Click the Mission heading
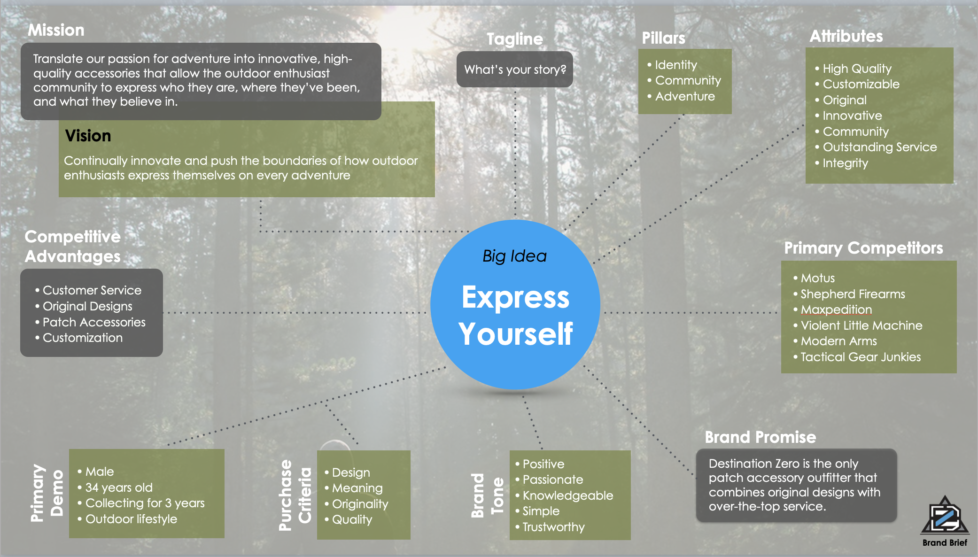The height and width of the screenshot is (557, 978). click(56, 30)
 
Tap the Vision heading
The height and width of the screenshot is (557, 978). click(88, 136)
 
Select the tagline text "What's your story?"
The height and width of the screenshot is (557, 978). click(515, 70)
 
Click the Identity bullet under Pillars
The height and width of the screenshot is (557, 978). click(675, 65)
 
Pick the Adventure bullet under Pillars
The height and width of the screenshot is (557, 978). click(684, 96)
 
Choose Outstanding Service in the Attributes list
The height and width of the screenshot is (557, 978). click(879, 147)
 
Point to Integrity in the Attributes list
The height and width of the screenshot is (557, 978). click(845, 163)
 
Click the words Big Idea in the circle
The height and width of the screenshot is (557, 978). click(514, 256)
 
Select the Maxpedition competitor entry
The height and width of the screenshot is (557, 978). click(836, 309)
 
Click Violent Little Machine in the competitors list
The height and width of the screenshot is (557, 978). click(861, 325)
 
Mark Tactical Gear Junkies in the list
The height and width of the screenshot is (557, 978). click(860, 357)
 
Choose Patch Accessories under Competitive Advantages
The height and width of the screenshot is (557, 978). click(94, 322)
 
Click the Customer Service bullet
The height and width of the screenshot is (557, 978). click(92, 290)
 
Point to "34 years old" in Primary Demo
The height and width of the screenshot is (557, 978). click(119, 487)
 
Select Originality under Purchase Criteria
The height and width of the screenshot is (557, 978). click(360, 504)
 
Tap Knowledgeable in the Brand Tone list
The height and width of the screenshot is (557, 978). click(567, 495)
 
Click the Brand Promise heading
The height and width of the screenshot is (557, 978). click(760, 437)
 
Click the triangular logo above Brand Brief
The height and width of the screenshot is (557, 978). click(945, 516)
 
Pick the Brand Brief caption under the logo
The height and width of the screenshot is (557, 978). click(945, 542)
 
